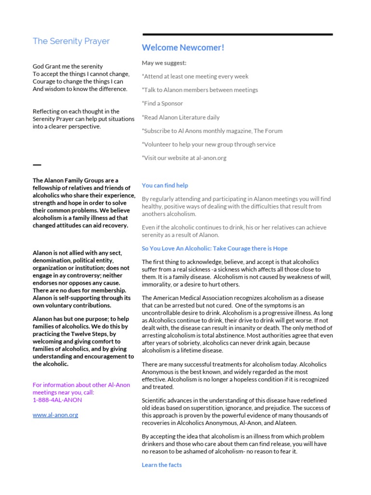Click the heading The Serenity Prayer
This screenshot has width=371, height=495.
tap(71, 42)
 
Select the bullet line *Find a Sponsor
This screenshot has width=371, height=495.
tap(162, 103)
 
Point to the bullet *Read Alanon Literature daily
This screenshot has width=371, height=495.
tap(181, 117)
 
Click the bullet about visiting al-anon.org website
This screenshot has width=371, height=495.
tap(184, 158)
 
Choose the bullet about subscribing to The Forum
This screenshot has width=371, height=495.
tap(212, 131)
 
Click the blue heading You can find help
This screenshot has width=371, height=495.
tap(165, 185)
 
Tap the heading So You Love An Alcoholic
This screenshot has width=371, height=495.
tap(214, 248)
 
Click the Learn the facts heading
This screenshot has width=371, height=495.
tap(162, 465)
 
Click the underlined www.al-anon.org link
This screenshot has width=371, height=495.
tap(55, 415)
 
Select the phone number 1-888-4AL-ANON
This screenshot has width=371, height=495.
tap(57, 400)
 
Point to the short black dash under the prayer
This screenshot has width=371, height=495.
tap(37, 165)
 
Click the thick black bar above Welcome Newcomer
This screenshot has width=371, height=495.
tap(237, 34)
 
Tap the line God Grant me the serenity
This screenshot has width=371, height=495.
tap(68, 66)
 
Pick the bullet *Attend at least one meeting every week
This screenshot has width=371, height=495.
tap(195, 76)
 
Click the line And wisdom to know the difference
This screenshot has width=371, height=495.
tap(80, 89)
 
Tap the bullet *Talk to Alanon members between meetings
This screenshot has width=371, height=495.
tap(200, 90)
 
